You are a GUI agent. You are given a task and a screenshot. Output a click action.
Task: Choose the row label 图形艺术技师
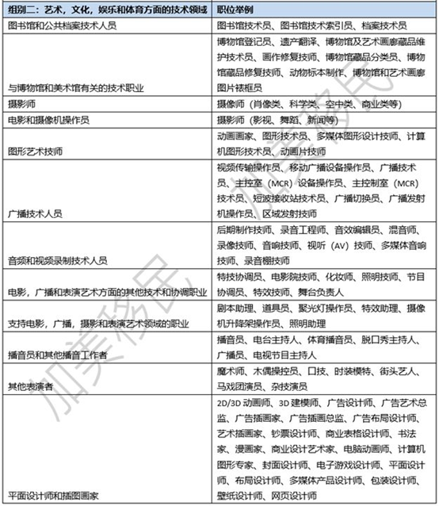point(33,148)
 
